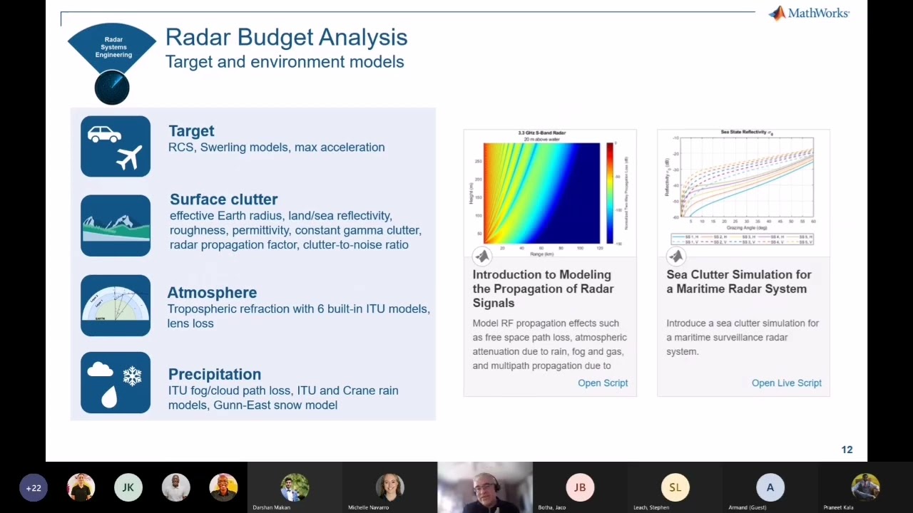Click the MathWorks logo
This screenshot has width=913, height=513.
click(x=809, y=14)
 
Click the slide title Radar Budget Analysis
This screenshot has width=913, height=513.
click(x=286, y=37)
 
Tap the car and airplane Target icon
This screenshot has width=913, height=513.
click(x=116, y=146)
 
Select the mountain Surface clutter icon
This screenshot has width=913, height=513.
click(x=116, y=225)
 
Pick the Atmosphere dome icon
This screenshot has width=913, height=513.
click(x=116, y=305)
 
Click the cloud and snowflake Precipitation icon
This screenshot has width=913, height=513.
click(x=116, y=383)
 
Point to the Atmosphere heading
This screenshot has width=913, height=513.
click(x=212, y=292)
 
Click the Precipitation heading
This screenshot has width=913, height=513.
click(x=215, y=374)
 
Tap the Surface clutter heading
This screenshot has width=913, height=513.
click(x=223, y=199)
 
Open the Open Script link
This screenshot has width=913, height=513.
click(x=603, y=383)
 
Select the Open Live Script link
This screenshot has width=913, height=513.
click(x=786, y=383)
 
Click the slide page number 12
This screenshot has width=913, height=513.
click(x=847, y=450)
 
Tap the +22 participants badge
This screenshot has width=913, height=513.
click(x=34, y=488)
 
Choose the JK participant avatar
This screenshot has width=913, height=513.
click(x=128, y=487)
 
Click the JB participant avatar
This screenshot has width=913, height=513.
click(x=580, y=487)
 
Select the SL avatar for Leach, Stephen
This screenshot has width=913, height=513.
click(x=675, y=487)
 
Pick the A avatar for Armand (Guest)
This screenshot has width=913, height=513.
click(x=770, y=487)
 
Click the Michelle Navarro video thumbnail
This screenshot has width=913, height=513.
click(x=389, y=487)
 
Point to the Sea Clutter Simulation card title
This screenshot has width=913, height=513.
click(x=738, y=281)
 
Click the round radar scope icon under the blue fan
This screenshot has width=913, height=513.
click(x=112, y=88)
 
